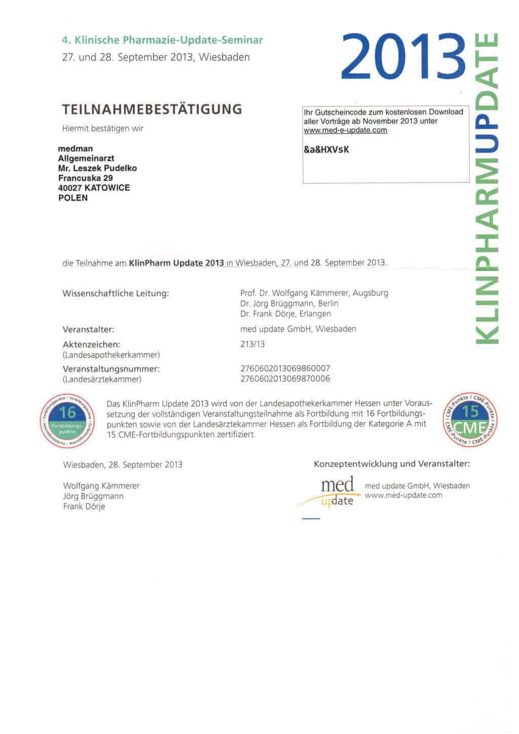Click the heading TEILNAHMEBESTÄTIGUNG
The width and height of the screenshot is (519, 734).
[x=152, y=109]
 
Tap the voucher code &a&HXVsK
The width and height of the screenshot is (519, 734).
[x=326, y=150]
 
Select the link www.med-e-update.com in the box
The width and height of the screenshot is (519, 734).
[x=345, y=130]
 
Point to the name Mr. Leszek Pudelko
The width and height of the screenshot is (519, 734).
[x=97, y=168]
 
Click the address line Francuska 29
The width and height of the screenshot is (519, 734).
[x=85, y=178]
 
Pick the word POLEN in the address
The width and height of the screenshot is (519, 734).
[x=73, y=198]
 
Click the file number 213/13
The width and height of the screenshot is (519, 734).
[x=252, y=344]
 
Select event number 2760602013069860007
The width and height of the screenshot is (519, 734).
[x=285, y=369]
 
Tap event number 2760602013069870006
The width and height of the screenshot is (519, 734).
[x=285, y=379]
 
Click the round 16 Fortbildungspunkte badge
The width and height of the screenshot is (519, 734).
[x=67, y=420]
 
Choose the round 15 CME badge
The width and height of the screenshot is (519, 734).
[x=470, y=419]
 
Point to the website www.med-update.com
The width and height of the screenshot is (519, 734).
[x=403, y=495]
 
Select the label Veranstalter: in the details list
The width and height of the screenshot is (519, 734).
[x=88, y=329]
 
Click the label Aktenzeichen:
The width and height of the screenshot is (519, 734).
[x=91, y=345]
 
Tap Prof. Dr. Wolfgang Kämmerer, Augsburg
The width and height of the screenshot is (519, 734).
[x=314, y=293]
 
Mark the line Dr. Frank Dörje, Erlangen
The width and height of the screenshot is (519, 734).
[x=285, y=314]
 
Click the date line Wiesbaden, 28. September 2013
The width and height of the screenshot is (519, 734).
[x=123, y=465]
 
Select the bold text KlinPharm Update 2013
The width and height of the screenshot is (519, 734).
[x=176, y=263]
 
